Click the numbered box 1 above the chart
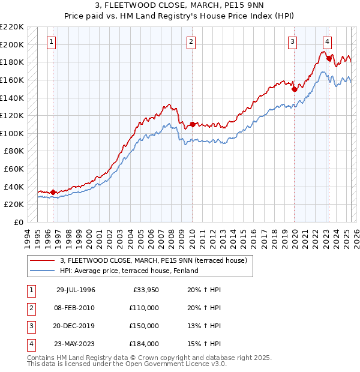(x=52, y=42)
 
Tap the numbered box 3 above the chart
(x=292, y=42)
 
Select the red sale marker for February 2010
(x=192, y=124)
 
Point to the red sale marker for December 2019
(x=295, y=89)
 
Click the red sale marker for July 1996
(x=53, y=192)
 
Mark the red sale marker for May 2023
(x=329, y=59)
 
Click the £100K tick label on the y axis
(x=13, y=133)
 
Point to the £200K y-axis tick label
(x=13, y=44)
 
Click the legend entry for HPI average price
(x=129, y=271)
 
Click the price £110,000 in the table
(x=145, y=308)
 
